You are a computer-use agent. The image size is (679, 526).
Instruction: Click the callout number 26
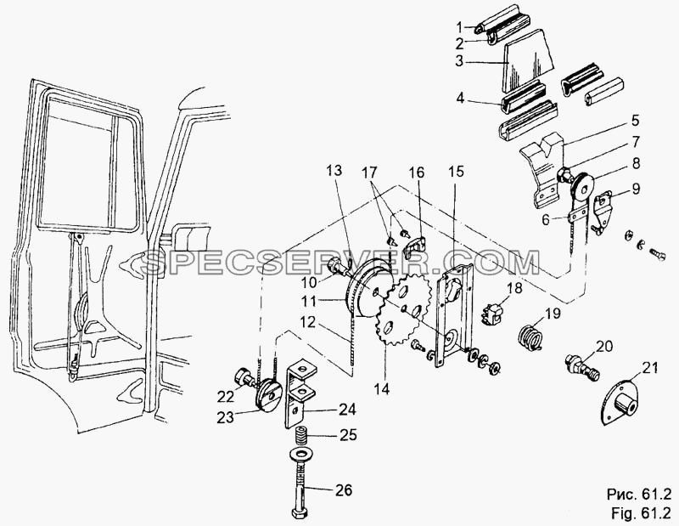(343, 490)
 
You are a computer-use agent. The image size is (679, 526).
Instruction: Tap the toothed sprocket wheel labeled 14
(402, 311)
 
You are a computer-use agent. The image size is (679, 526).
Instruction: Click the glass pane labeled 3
(528, 60)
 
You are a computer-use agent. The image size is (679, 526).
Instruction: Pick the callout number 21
(649, 368)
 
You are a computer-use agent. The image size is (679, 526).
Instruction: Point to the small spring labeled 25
(301, 434)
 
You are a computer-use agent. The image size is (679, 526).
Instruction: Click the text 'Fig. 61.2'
(642, 512)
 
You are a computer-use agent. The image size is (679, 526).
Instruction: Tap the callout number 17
(370, 173)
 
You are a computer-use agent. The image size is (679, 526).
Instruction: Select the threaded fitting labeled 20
(582, 367)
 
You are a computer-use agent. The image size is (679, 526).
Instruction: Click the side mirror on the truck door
(192, 236)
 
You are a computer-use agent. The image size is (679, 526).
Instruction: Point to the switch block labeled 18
(493, 313)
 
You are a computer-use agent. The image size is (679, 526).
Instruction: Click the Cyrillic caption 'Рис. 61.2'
(639, 494)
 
